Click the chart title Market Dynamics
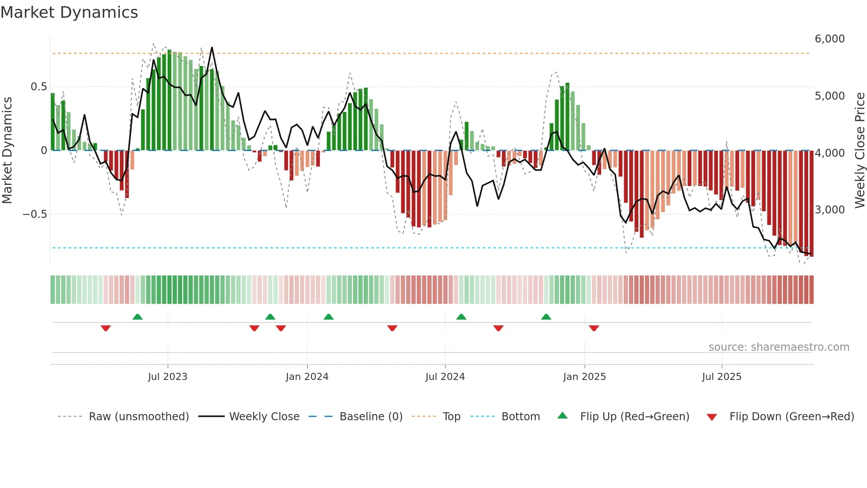69,12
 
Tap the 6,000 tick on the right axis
829,39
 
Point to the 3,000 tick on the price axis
829,210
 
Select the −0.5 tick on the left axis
35,214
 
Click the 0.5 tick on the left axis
38,87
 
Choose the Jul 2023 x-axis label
168,377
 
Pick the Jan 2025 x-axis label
584,377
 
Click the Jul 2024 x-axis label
445,377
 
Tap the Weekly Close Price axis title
859,151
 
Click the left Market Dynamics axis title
7,151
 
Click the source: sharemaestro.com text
779,347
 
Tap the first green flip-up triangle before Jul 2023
138,317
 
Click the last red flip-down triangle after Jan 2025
594,328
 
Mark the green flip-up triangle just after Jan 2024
328,317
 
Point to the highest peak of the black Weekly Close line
212,48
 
